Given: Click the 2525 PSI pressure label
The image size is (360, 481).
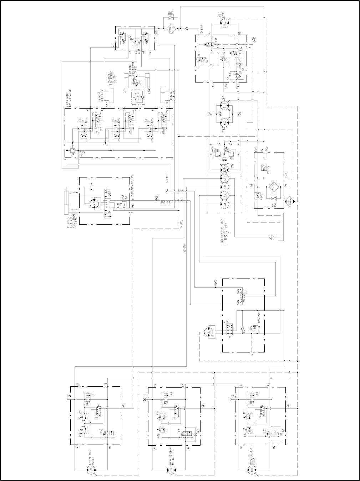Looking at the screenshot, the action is [x=82, y=154].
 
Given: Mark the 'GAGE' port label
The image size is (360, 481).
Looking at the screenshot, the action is [x=255, y=40].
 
